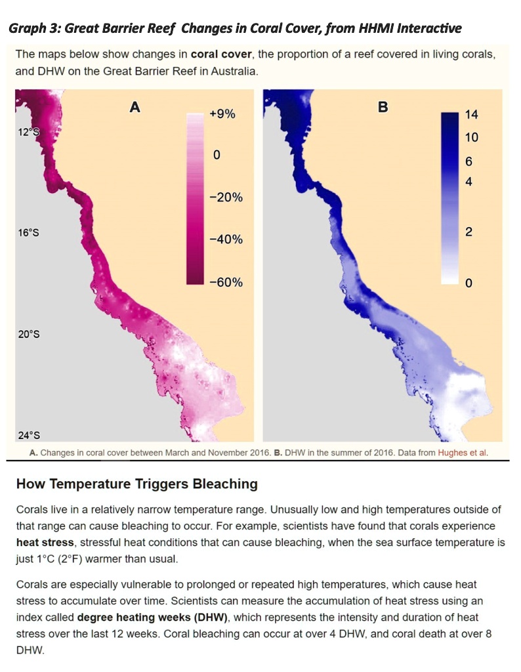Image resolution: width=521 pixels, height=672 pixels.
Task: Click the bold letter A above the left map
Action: (135, 107)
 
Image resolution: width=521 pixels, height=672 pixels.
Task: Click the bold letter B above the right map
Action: (383, 107)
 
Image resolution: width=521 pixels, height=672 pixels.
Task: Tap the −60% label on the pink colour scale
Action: (226, 283)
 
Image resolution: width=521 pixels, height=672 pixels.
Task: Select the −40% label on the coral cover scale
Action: (226, 240)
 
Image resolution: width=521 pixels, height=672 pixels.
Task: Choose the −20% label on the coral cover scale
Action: (226, 198)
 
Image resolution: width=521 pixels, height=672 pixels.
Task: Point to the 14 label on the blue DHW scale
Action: (471, 115)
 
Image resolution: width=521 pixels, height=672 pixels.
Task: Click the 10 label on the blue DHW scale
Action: (471, 138)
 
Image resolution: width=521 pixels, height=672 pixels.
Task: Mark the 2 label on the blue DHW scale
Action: (469, 232)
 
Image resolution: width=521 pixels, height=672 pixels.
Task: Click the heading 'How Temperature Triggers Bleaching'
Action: (136, 484)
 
